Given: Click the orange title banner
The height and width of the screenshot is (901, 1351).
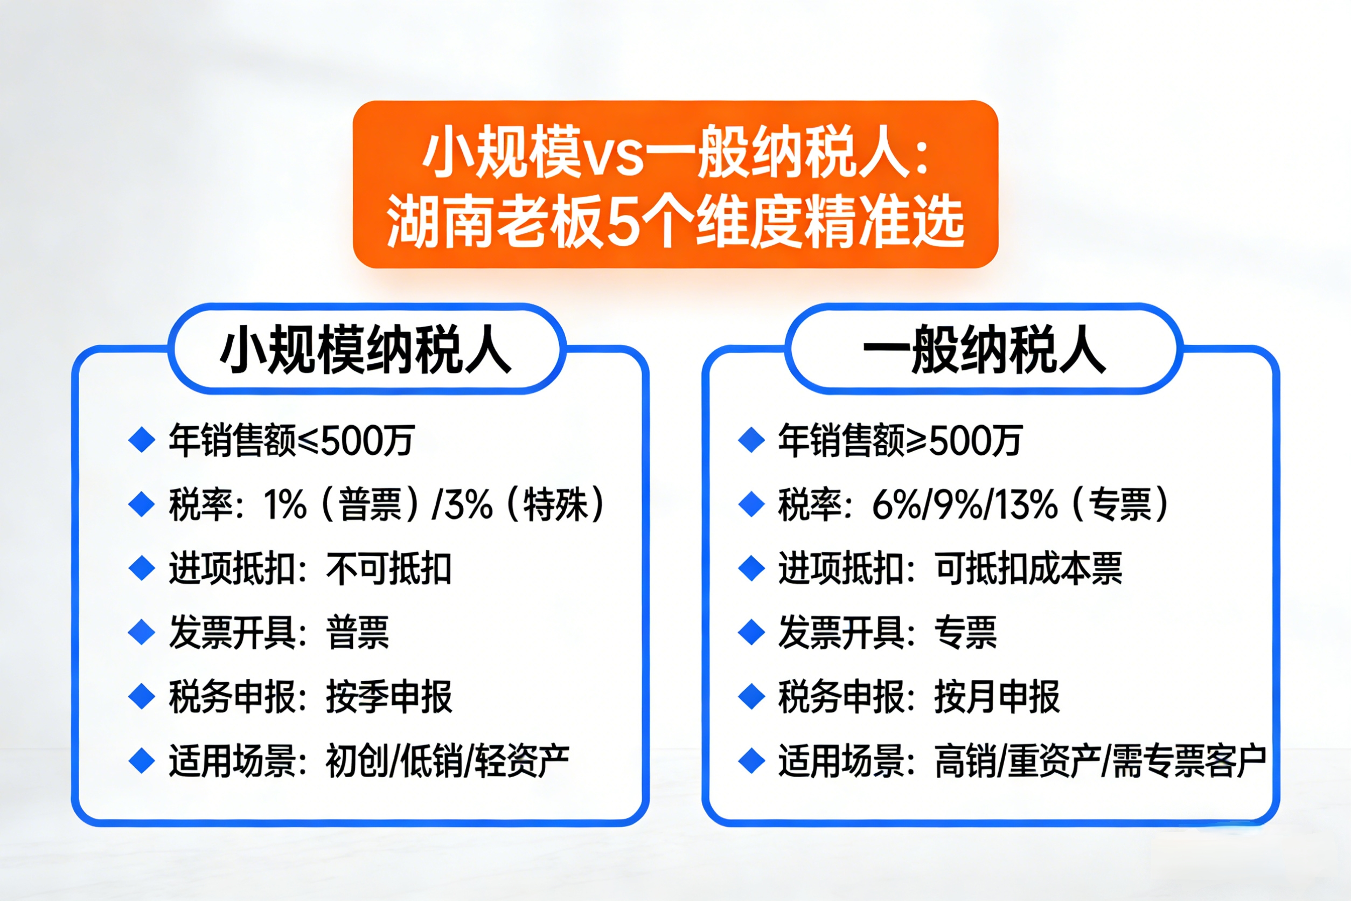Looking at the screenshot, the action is (675, 184).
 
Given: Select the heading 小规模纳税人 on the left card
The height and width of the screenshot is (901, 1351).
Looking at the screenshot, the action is (366, 349).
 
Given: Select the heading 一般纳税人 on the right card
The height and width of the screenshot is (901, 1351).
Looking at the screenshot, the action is (984, 349).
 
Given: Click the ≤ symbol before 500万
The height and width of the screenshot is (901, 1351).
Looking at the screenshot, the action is (307, 441).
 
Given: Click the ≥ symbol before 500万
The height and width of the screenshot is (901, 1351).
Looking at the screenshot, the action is (917, 441).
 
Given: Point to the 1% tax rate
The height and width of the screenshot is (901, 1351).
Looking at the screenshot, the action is (285, 504).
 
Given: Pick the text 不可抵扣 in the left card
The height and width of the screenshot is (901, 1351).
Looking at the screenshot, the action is (389, 569).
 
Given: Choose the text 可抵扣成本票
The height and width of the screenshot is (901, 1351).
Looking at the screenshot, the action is (1028, 569).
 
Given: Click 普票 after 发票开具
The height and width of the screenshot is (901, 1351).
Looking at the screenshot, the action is (357, 632).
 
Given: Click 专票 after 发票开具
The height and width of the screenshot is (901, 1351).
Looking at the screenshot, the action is (966, 632).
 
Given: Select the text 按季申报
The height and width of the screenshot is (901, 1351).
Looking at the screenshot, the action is (389, 696).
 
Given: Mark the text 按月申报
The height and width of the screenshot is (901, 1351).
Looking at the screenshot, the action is (997, 696).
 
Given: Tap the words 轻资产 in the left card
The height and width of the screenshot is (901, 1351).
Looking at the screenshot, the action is (523, 760).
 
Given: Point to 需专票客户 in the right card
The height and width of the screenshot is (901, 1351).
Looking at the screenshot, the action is (1189, 760).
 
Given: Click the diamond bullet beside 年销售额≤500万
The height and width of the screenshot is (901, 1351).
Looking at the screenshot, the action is (142, 441).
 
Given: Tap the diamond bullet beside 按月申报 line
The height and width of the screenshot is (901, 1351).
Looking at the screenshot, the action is (751, 696).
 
